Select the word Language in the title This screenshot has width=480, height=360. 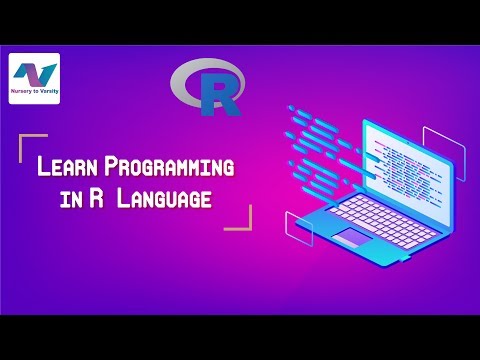click(x=164, y=198)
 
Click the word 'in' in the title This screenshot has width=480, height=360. click(x=69, y=199)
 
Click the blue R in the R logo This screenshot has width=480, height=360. click(x=217, y=93)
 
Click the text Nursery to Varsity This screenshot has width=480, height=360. click(x=34, y=98)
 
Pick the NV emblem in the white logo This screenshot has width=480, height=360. click(x=34, y=74)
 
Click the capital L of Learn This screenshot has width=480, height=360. click(x=44, y=167)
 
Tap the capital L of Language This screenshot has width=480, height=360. click(x=124, y=198)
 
